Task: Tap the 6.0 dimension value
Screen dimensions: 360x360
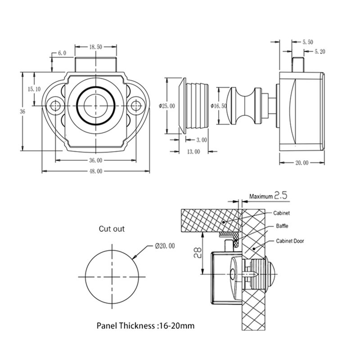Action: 62,53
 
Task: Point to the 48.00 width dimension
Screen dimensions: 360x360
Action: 95,171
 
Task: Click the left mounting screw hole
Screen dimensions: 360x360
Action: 55,106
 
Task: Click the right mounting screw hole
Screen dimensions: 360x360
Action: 135,106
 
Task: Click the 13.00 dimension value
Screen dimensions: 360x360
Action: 193,152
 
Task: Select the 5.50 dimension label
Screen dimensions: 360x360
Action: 308,42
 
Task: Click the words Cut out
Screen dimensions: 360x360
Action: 112,229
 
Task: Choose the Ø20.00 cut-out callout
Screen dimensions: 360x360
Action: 164,246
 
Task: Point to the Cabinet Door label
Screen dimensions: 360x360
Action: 290,241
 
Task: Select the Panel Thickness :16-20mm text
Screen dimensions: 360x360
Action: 146,325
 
